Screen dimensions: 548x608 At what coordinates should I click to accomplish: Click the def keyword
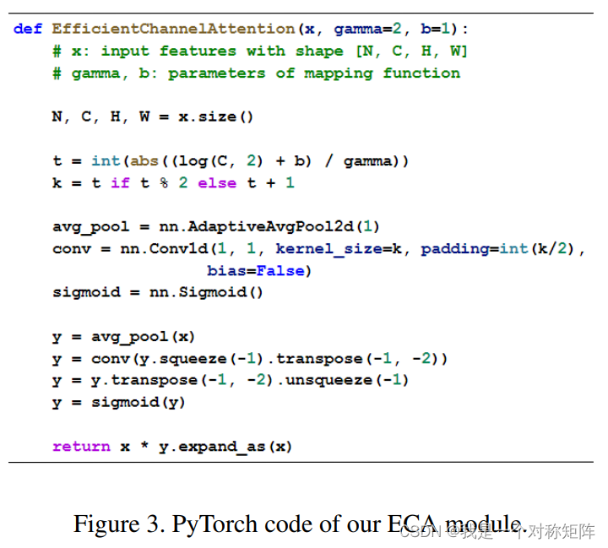click(x=28, y=29)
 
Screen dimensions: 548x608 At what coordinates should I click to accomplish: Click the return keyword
click(x=81, y=446)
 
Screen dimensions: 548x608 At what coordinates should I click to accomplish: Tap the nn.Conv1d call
click(x=176, y=248)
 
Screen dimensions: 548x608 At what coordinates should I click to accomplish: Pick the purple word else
click(x=217, y=182)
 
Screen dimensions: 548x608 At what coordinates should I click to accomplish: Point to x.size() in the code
click(x=215, y=117)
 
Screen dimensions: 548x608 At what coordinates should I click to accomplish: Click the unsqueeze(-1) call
click(x=346, y=380)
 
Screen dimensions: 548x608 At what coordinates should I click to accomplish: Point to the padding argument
click(x=456, y=248)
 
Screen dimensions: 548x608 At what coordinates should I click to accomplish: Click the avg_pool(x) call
click(x=143, y=336)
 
